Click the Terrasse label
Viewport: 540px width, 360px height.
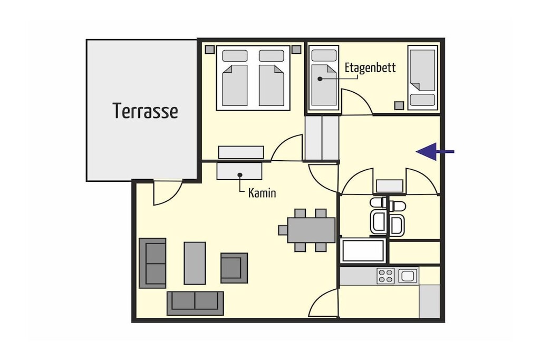146,111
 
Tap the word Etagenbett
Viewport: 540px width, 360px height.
370,67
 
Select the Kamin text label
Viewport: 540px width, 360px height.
262,193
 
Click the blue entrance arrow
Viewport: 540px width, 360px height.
435,151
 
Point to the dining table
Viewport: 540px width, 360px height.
311,230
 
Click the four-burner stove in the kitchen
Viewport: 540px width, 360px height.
385,276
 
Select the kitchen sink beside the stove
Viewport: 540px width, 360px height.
408,276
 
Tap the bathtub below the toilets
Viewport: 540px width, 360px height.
363,250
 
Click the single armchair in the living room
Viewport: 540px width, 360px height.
234,268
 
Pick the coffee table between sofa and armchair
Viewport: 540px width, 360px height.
195,263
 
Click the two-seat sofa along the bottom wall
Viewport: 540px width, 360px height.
195,303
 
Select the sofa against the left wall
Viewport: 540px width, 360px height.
152,263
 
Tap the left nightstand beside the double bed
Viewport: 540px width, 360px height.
210,49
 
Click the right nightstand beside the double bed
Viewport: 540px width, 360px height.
296,49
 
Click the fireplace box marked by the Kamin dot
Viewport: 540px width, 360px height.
239,170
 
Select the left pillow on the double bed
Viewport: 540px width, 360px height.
235,56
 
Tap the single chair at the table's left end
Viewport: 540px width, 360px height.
283,230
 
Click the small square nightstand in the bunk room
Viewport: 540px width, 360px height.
399,105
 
